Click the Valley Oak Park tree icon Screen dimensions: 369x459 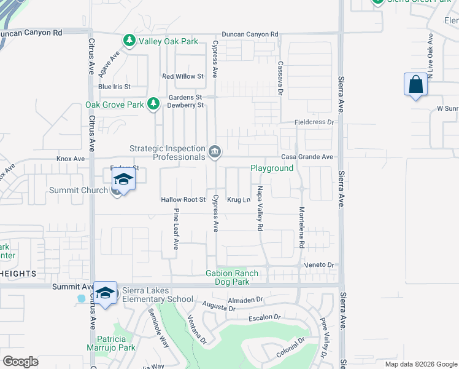pyautogui.click(x=129, y=41)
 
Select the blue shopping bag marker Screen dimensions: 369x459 pyautogui.click(x=415, y=85)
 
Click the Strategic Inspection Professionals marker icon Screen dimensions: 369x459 pyautogui.click(x=215, y=151)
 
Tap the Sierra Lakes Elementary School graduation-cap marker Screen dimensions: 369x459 pyautogui.click(x=105, y=293)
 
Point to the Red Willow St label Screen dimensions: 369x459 pyautogui.click(x=183, y=77)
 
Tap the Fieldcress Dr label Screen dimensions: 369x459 pyautogui.click(x=314, y=122)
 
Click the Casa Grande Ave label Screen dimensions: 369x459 pyautogui.click(x=307, y=157)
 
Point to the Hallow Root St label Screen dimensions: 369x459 pyautogui.click(x=183, y=200)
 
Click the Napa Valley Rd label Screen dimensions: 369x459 pyautogui.click(x=260, y=208)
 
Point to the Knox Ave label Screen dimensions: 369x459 pyautogui.click(x=71, y=159)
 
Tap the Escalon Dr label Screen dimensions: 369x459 pyautogui.click(x=264, y=317)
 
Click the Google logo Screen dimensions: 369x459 pyautogui.click(x=20, y=362)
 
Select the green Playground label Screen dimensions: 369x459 pyautogui.click(x=272, y=168)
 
